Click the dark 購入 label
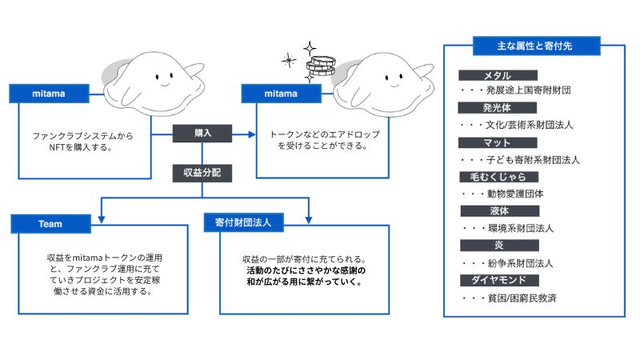pyautogui.click(x=202, y=134)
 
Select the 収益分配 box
pyautogui.click(x=202, y=171)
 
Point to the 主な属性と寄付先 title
pyautogui.click(x=533, y=46)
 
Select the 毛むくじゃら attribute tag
pyautogui.click(x=497, y=177)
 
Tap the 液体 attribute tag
pyautogui.click(x=497, y=211)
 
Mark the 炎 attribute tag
pyautogui.click(x=497, y=245)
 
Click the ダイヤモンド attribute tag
pyautogui.click(x=497, y=280)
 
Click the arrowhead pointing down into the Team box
pyautogui.click(x=100, y=213)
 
